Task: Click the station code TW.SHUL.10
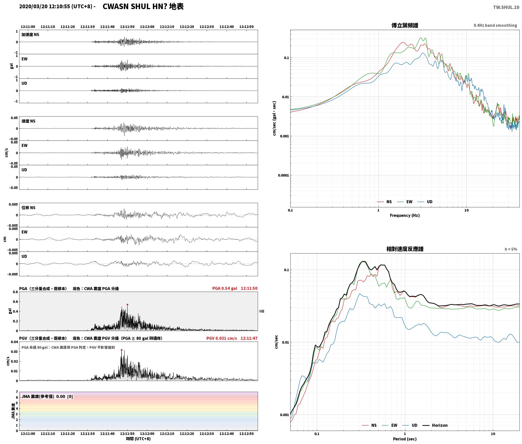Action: (506, 7)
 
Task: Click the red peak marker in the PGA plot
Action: (127, 305)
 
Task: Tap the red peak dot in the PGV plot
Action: (122, 350)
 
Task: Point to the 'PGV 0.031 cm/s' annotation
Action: (222, 338)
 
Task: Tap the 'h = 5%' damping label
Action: (511, 249)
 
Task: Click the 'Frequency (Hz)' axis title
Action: (405, 215)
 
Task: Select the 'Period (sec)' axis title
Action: (405, 439)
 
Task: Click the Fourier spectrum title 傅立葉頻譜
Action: (405, 25)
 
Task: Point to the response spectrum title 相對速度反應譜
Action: (405, 249)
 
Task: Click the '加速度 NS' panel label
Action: (30, 35)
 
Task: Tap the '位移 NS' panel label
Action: (28, 208)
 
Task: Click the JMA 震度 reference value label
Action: (47, 397)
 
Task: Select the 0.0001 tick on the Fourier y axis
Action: (283, 175)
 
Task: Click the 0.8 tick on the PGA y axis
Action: (15, 292)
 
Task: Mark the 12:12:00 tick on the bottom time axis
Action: (147, 434)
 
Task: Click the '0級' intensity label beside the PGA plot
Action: (262, 311)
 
